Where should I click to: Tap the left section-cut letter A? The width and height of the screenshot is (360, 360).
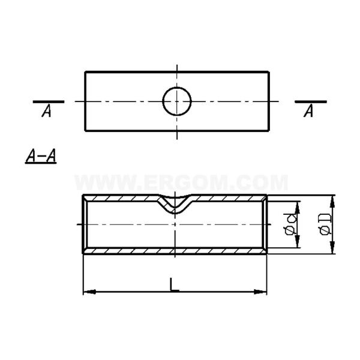pos(47,111)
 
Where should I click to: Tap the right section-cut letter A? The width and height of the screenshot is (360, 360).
pos(308,111)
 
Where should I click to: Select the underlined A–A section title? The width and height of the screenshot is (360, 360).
pos(41,157)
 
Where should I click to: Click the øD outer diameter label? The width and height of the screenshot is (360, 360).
pos(326,224)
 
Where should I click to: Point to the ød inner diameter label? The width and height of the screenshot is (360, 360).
pos(290,224)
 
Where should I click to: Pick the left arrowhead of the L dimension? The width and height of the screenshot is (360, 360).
pos(89,292)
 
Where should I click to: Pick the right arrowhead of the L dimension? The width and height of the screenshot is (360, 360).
pos(260,292)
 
